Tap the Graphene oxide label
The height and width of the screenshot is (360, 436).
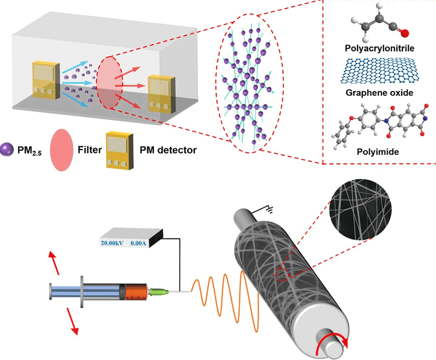(x=377, y=93)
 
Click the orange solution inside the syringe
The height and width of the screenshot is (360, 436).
(x=136, y=292)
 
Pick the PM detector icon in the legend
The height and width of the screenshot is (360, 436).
(x=119, y=150)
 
